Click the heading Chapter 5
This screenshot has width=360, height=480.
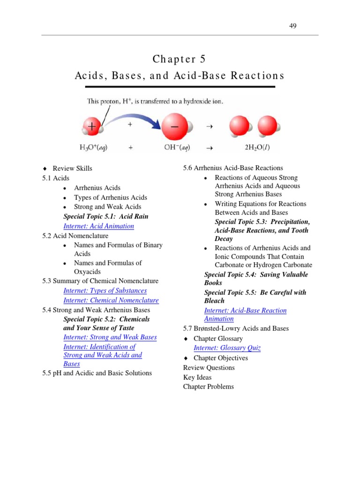(179, 60)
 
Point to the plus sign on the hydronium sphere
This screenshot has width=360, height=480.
(92, 126)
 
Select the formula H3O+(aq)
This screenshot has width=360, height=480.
(93, 147)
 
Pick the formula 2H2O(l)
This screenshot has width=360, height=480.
(254, 147)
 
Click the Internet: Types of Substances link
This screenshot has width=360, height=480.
(105, 291)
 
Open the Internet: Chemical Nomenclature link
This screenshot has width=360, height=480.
(111, 300)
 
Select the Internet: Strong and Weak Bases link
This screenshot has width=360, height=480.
(110, 337)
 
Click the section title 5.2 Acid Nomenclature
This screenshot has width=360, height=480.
(75, 236)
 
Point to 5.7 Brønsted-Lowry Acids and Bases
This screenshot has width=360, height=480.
(236, 328)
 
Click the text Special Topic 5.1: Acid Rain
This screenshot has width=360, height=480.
(106, 217)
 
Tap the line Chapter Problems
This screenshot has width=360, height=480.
(209, 387)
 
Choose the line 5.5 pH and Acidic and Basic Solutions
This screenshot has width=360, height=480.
(97, 373)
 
